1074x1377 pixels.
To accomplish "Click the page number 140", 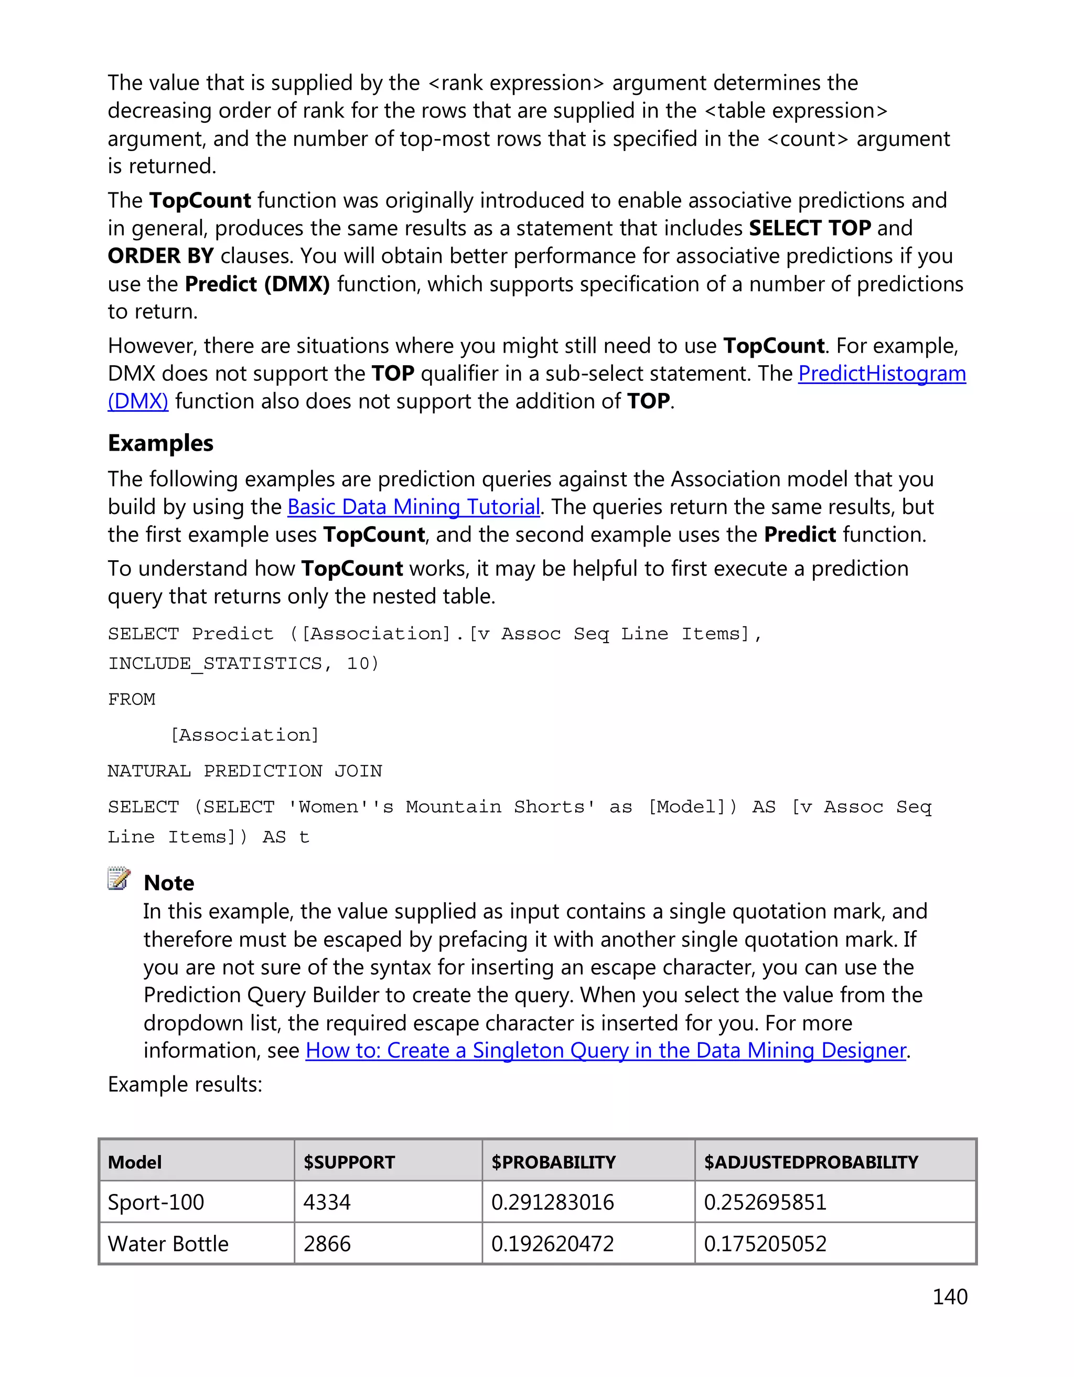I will [x=949, y=1297].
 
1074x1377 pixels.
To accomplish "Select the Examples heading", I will [x=160, y=443].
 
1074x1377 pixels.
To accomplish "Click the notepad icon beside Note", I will [x=119, y=878].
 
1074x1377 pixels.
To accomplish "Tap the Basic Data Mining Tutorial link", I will [x=413, y=507].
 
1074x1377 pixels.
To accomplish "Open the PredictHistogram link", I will [x=881, y=374].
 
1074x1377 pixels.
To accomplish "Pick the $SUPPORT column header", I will [x=349, y=1162].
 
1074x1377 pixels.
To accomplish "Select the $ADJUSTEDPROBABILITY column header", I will [x=811, y=1162].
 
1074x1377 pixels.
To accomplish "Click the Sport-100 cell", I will [x=156, y=1202].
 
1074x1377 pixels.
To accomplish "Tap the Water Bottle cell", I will [x=168, y=1244].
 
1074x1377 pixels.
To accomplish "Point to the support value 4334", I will [x=327, y=1202].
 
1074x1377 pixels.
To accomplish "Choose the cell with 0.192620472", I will [x=552, y=1244].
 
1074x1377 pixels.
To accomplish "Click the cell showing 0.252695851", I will [x=765, y=1202].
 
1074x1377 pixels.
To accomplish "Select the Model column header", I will [x=134, y=1162].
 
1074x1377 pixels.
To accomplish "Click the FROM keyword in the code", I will [x=131, y=699].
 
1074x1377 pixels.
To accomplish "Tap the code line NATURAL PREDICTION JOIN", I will [x=244, y=771].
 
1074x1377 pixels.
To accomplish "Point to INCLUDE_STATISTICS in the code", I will [x=214, y=663].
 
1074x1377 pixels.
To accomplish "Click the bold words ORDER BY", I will [x=160, y=256].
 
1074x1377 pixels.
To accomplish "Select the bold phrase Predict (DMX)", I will [x=257, y=284].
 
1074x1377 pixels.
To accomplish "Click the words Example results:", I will [x=185, y=1084].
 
